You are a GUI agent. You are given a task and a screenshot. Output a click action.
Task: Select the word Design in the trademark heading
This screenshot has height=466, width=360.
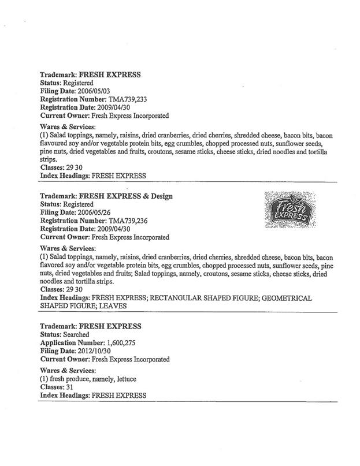[x=161, y=196]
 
